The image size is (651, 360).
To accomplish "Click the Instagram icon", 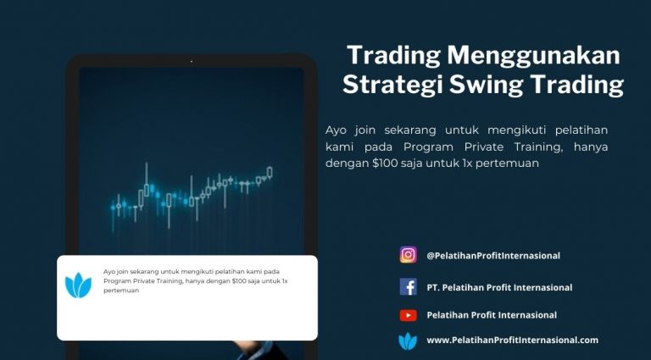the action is [x=408, y=255].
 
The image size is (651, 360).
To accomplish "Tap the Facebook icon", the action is [x=408, y=286].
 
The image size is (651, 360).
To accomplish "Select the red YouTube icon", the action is [x=408, y=316].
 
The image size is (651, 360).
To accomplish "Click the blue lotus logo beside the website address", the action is [x=408, y=341].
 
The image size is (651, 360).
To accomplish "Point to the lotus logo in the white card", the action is [x=78, y=285].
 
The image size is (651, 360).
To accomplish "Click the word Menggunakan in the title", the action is [x=533, y=55].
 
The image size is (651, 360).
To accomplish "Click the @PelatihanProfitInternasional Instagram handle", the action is [x=493, y=256].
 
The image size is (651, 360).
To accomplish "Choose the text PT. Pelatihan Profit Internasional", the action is [x=499, y=287].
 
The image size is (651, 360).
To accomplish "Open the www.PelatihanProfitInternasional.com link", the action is [x=513, y=340].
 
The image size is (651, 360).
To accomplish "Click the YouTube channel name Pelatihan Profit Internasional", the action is [x=492, y=315].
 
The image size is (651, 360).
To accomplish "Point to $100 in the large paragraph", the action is [x=385, y=163].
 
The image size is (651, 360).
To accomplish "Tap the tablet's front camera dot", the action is [x=192, y=61].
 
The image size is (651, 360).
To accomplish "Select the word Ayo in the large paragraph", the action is [x=336, y=130].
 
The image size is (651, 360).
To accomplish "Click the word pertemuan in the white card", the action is [x=121, y=291].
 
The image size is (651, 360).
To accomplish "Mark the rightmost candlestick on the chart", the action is [x=270, y=173].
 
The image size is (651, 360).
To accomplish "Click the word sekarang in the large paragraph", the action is [x=410, y=130].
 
